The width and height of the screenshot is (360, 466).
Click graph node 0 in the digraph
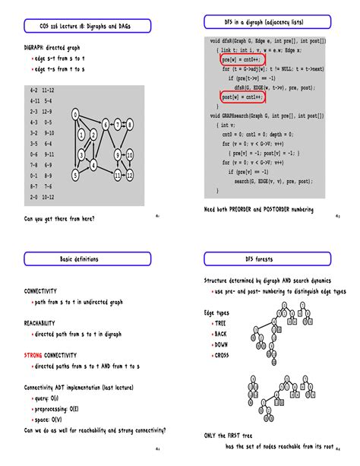pyautogui.click(x=75, y=115)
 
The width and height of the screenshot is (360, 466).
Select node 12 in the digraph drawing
pyautogui.click(x=130, y=175)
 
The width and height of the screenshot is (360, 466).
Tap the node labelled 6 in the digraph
pyautogui.click(x=106, y=125)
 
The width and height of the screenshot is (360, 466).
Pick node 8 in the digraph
pyautogui.click(x=130, y=125)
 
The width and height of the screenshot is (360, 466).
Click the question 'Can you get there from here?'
pyautogui.click(x=59, y=219)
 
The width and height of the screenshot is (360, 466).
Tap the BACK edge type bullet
pyautogui.click(x=221, y=334)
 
